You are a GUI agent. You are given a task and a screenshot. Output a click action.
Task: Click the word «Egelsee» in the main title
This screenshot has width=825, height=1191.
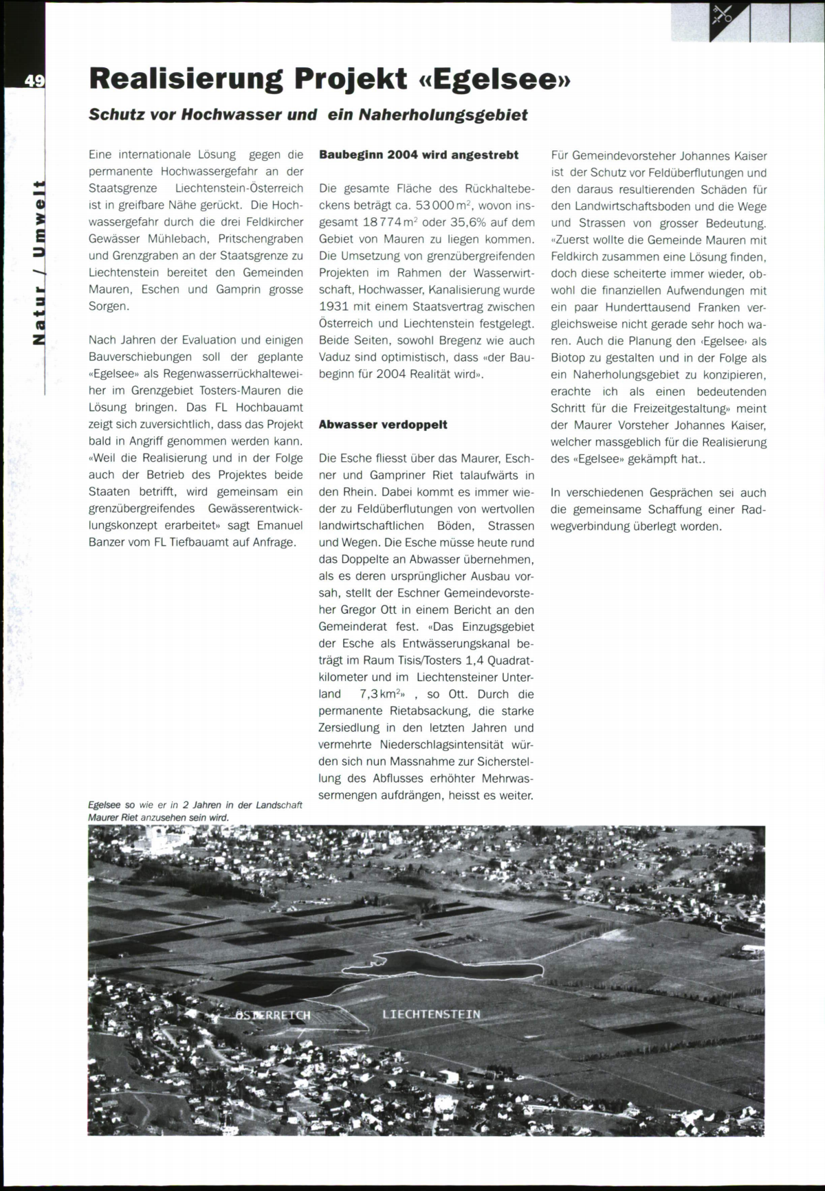click(494, 80)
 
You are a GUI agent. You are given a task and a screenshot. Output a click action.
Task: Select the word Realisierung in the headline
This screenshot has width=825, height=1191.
click(186, 80)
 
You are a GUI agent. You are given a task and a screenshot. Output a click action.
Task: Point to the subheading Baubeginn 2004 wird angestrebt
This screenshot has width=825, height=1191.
click(419, 155)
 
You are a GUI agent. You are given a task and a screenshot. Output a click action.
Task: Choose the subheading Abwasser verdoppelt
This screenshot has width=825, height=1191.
click(383, 425)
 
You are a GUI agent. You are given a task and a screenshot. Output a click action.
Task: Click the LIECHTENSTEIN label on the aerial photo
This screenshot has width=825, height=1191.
click(431, 1014)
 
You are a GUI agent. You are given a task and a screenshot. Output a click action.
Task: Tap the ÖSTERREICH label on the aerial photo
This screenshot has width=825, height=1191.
click(274, 1015)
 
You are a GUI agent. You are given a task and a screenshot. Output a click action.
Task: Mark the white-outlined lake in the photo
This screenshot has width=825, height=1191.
click(440, 965)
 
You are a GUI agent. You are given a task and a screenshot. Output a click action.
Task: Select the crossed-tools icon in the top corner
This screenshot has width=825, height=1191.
click(723, 13)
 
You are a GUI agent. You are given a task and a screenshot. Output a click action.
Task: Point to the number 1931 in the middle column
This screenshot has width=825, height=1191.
click(334, 307)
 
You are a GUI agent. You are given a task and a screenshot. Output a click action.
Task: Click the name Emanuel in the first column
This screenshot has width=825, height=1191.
click(279, 525)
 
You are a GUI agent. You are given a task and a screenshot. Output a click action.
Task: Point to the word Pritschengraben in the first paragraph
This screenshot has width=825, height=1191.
click(261, 239)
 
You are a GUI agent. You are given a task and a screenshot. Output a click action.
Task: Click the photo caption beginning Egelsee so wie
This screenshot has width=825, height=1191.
click(195, 811)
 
